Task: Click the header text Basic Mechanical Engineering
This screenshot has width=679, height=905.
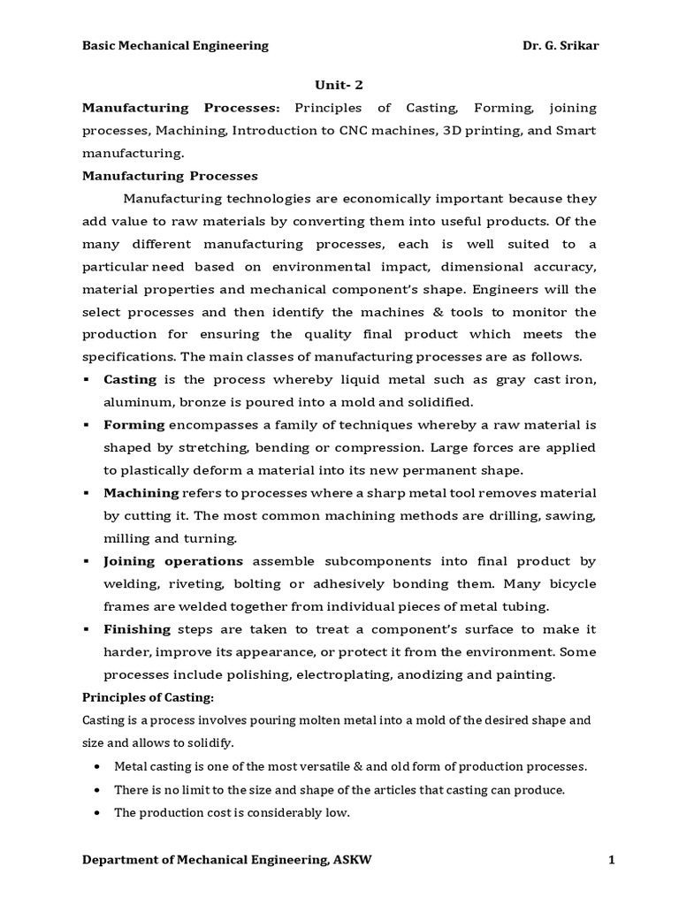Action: pos(175,45)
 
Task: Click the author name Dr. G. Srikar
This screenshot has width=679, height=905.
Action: pos(560,45)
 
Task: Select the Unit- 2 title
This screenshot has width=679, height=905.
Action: pos(339,85)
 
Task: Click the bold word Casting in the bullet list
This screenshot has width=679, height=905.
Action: pos(130,379)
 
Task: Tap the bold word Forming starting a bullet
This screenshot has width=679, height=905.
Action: pos(134,424)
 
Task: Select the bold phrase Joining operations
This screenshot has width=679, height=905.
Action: pos(173,560)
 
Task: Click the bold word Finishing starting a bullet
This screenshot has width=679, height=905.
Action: pos(137,628)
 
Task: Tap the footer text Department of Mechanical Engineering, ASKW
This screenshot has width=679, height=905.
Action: pos(227,860)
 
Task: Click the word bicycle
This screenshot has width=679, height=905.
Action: pos(568,583)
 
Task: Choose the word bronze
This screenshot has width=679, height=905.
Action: pos(196,402)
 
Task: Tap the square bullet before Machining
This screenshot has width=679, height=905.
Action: pos(88,493)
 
